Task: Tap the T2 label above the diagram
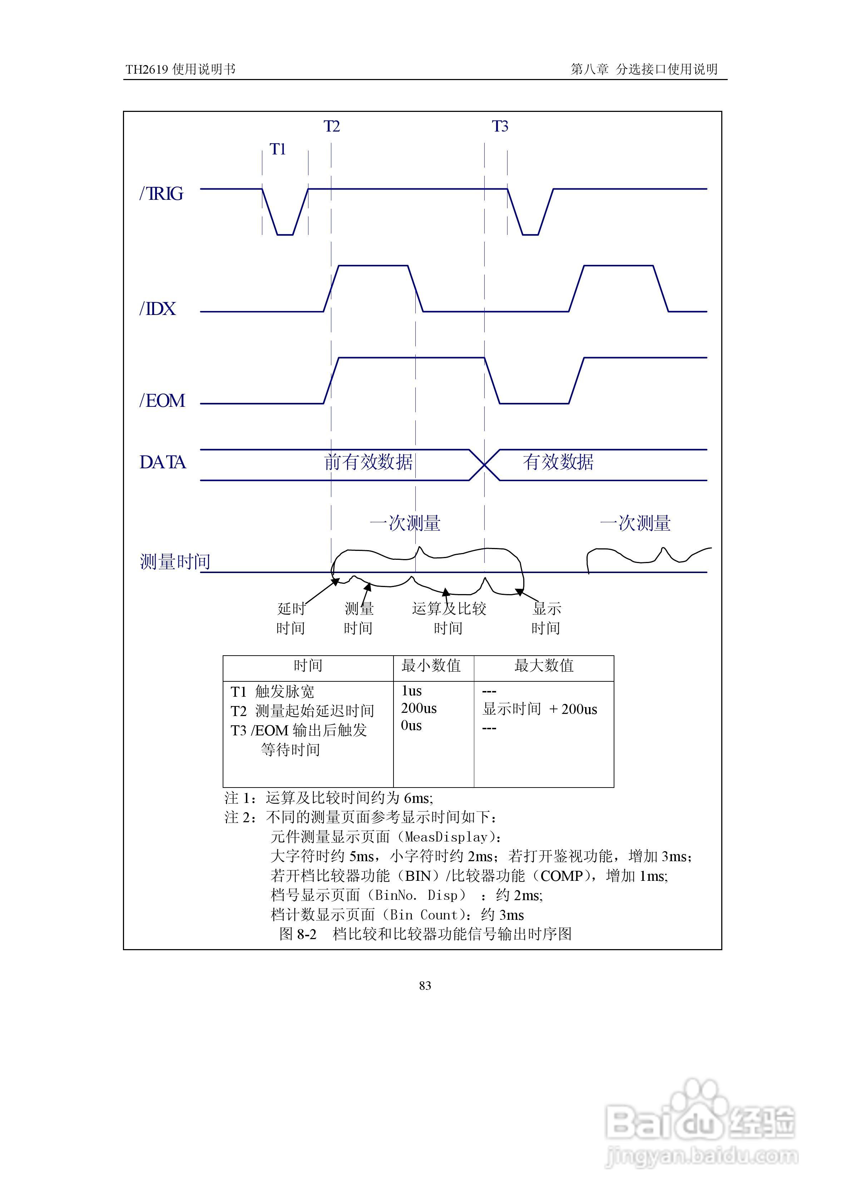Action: [x=332, y=127]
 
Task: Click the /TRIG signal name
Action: [x=162, y=194]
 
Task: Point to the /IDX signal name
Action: [x=158, y=309]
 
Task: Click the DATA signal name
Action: [x=163, y=463]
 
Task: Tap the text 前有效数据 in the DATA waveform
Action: [x=368, y=462]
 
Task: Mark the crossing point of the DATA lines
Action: [x=485, y=465]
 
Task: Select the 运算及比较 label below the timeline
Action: [x=449, y=608]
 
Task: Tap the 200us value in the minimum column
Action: [x=419, y=709]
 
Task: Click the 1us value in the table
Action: [x=412, y=691]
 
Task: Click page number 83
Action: [x=425, y=986]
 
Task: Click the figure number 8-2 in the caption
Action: [x=307, y=934]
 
